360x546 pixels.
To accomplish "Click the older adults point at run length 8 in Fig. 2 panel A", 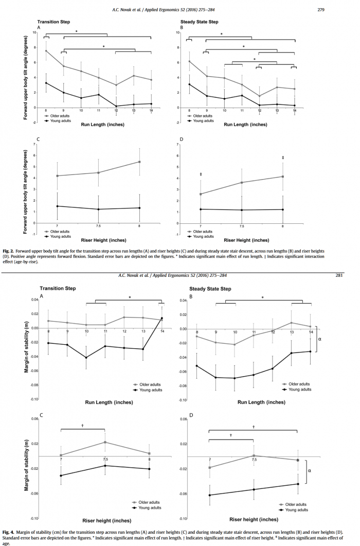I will coord(46,51).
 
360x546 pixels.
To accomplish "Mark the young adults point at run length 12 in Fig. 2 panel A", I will coord(116,106).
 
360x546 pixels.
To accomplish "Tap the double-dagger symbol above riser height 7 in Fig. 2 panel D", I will coord(201,175).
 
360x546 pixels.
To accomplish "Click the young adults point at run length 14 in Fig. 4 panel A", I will coord(161,318).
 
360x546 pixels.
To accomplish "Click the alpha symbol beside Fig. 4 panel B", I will coord(319,340).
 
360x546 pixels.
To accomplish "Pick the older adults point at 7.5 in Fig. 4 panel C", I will coord(105,442).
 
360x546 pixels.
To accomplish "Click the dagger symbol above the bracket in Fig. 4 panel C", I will coord(82,425).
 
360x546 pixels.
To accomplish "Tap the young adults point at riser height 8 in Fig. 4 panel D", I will coord(298,484).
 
